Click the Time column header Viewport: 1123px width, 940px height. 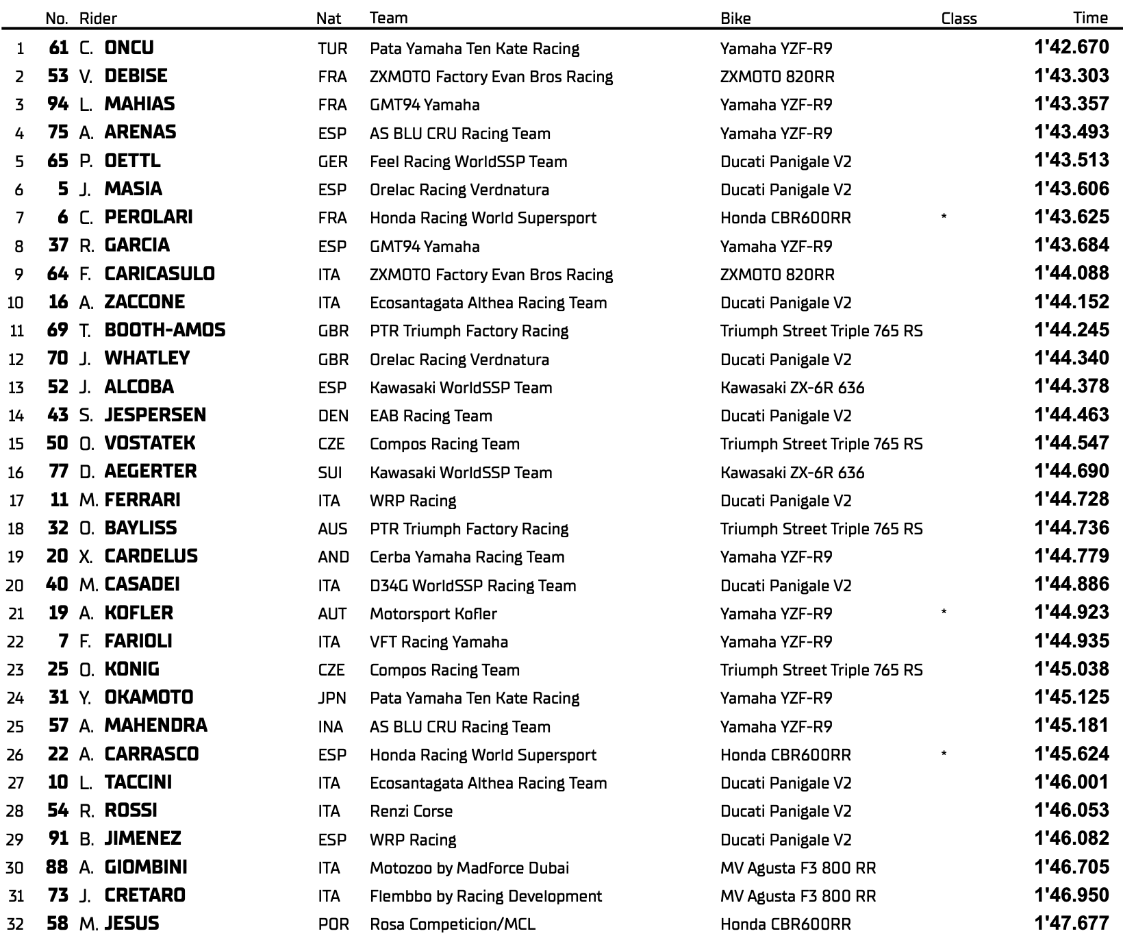point(1090,18)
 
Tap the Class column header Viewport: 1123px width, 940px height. point(959,18)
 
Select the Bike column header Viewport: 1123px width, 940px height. point(735,18)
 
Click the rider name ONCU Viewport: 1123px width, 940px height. point(129,47)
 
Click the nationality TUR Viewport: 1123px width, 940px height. point(332,49)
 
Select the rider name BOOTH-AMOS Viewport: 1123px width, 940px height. point(164,330)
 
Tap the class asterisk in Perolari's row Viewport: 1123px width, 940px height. point(944,217)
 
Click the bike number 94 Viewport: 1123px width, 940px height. point(58,104)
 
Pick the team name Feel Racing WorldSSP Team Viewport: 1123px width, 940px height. point(468,162)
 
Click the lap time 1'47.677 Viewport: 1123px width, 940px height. point(1072,923)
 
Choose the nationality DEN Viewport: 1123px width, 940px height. point(333,416)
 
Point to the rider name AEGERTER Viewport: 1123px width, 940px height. point(150,471)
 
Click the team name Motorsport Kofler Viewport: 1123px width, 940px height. point(433,614)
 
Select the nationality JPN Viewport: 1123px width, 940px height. point(332,698)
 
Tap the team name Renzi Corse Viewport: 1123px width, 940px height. point(411,811)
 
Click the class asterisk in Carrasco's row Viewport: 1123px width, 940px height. point(944,754)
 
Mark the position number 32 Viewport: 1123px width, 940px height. point(15,924)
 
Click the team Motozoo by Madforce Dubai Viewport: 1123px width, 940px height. point(469,868)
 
